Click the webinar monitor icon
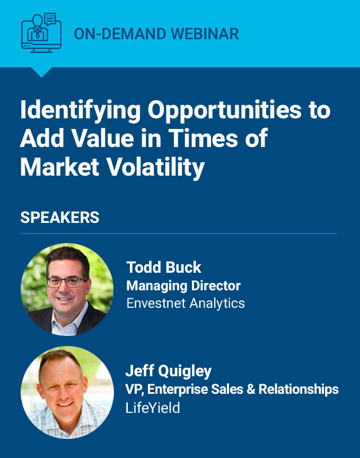coord(41,33)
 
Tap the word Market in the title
coord(59,167)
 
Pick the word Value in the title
coord(103,138)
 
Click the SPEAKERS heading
coord(60,218)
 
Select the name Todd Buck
coord(164,267)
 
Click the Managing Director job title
coord(183,286)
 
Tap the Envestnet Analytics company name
coord(186,303)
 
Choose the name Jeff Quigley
coord(168,371)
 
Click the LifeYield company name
coord(153,408)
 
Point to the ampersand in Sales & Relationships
coord(251,390)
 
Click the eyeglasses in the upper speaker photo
coord(66,282)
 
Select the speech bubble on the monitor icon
coord(50,20)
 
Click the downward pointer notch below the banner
coord(41,72)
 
